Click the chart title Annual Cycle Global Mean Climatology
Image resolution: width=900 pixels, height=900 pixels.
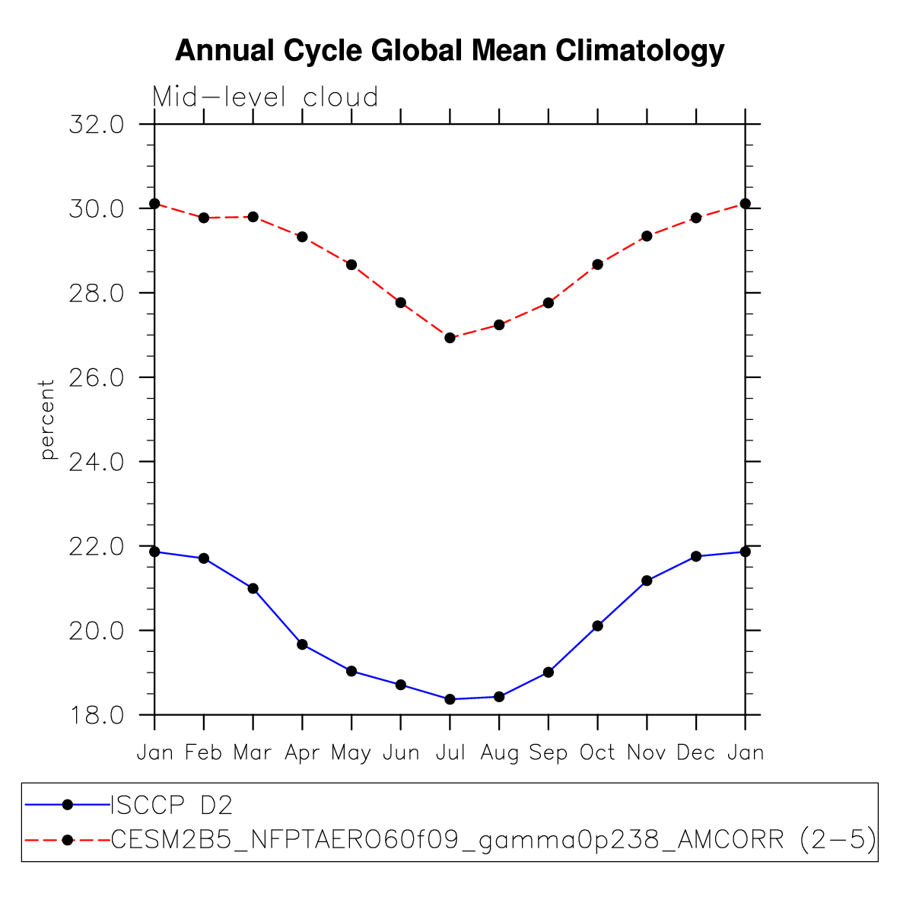coord(450,51)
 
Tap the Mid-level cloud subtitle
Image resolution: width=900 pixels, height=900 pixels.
coord(266,97)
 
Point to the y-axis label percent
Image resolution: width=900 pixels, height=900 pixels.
coord(48,419)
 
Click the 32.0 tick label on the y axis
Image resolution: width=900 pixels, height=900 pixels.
coord(96,125)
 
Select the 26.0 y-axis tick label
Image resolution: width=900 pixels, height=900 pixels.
coord(96,378)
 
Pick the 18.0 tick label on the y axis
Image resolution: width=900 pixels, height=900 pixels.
coord(96,716)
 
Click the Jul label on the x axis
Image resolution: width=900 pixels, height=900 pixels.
coord(450,753)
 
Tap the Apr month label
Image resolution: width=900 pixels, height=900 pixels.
coord(302,753)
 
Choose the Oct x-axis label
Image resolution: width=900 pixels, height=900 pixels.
coord(597,753)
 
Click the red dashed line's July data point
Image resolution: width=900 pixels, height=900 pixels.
coord(450,338)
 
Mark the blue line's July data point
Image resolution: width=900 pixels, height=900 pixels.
coord(450,699)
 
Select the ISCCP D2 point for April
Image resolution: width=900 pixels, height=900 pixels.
coord(302,644)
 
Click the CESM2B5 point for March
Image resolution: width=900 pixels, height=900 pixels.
coord(253,217)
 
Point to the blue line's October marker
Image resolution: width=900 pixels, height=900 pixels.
coord(597,625)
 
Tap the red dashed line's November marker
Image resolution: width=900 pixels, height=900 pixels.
coord(647,236)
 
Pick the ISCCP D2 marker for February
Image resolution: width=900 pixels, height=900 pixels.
coord(204,558)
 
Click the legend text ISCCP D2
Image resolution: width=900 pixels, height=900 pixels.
coord(172,804)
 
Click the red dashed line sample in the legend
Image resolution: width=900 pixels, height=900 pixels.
coord(67,840)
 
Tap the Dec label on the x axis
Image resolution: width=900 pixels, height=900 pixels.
coord(696,753)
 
